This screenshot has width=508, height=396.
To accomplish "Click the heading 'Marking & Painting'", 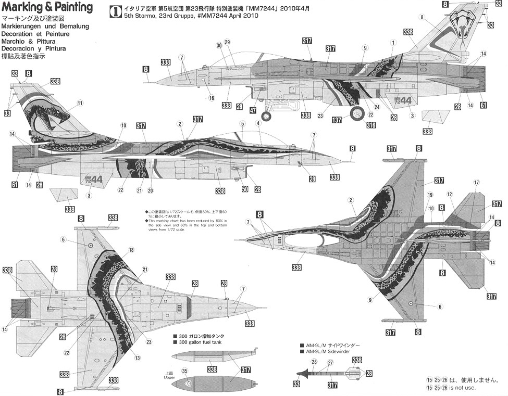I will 46,8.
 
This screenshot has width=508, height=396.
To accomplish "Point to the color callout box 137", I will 337,120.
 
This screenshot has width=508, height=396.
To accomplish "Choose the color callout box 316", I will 371,125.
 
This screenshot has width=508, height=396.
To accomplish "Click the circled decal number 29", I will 227,42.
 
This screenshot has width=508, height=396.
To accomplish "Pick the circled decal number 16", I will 212,97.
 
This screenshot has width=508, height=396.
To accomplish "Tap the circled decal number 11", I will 80,103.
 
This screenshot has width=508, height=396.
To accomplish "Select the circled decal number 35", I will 184,371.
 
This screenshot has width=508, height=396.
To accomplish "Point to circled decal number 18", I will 131,250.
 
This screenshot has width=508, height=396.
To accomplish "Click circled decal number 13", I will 137,358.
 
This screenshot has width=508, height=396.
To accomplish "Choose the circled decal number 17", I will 476,182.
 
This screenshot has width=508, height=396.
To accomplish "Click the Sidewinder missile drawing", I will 328,373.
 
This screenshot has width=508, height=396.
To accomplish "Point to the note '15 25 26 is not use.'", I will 452,388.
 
